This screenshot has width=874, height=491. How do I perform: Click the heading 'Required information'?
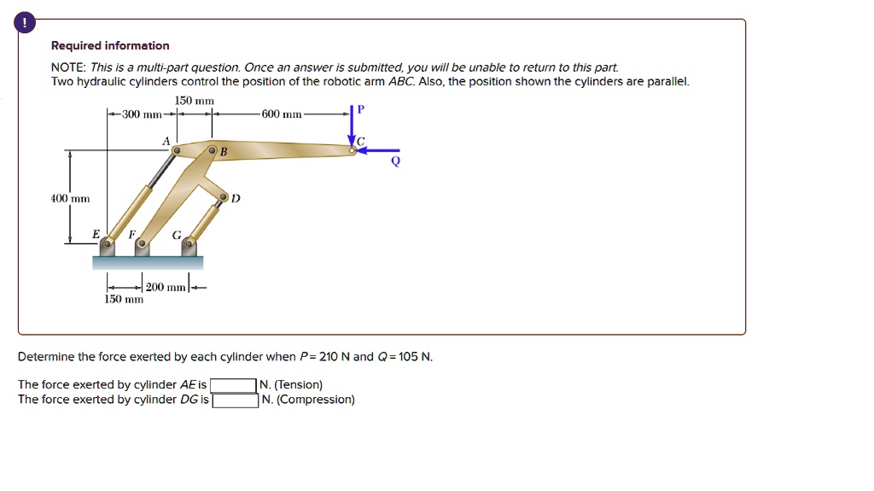[110, 45]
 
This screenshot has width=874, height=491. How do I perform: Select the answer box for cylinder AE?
[234, 385]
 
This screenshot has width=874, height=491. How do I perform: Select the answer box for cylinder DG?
[236, 400]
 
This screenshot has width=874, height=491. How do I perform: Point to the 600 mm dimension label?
[283, 114]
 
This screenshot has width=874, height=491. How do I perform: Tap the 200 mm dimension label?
[164, 287]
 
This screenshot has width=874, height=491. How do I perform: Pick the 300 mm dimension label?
[141, 114]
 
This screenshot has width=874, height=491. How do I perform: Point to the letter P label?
[360, 109]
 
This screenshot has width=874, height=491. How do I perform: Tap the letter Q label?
[395, 164]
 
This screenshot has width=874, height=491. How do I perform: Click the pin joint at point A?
[176, 151]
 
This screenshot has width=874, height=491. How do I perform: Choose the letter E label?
[96, 233]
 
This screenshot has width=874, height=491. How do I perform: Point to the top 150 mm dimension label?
[194, 101]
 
